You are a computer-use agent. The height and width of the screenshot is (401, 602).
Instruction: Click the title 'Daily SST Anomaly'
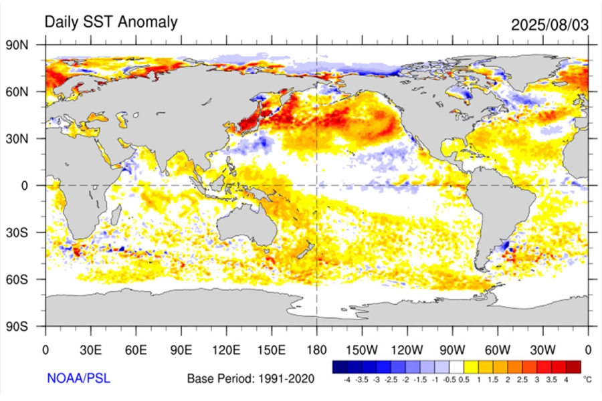tap(111, 22)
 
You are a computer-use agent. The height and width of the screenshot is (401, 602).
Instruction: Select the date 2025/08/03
tap(549, 25)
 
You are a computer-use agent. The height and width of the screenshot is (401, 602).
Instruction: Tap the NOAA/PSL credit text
tap(75, 378)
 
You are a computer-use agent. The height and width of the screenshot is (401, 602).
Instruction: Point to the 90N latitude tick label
tap(27, 45)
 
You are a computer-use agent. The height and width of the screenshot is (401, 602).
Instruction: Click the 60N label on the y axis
tap(27, 92)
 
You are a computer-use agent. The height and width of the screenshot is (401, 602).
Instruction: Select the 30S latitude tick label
tap(27, 233)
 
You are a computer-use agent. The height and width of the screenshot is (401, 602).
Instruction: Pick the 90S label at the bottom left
tap(27, 326)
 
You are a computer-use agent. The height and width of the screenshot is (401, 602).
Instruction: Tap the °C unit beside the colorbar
tap(587, 379)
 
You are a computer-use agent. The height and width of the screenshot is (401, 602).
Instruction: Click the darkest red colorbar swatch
tap(573, 367)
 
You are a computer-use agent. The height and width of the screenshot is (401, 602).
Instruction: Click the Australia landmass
tap(248, 224)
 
